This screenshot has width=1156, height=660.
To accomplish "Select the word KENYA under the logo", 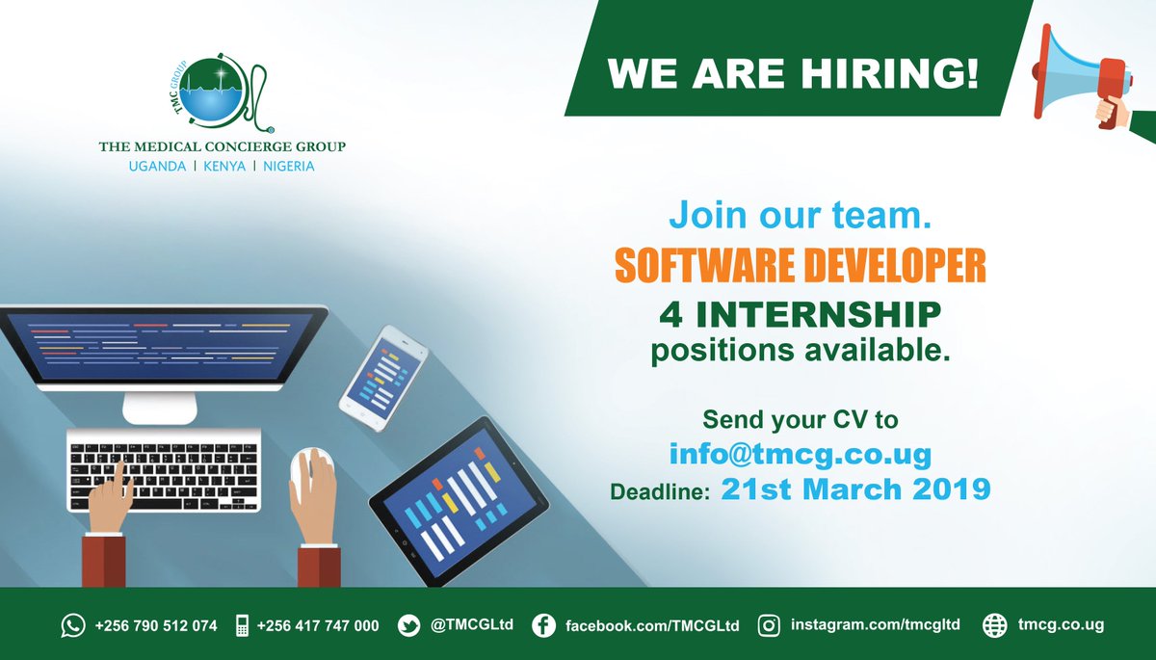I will tap(222, 166).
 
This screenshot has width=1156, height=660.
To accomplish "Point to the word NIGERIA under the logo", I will tap(286, 166).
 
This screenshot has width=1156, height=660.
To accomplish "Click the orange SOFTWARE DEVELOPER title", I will tap(800, 267).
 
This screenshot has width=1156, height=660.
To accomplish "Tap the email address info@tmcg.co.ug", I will tap(800, 453).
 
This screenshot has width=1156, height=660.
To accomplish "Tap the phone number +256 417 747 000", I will tap(317, 625).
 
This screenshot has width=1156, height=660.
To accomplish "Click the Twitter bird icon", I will tap(409, 625).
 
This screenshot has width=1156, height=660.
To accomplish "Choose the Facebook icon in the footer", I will tap(543, 625).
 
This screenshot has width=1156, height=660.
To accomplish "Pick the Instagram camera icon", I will tap(769, 625).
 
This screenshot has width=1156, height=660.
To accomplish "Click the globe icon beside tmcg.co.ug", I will tap(994, 625).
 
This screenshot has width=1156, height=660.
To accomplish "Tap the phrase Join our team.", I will tap(800, 215).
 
